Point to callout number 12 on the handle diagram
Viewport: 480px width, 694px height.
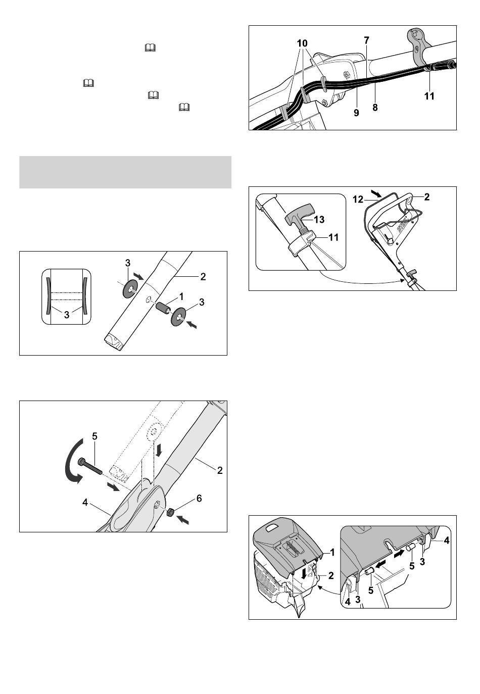coord(358,199)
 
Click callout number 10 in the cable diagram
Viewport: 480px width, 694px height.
coord(302,43)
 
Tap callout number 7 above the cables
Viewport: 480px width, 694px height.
coord(366,40)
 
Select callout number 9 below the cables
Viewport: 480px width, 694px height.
coord(356,113)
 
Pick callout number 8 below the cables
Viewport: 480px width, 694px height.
coord(375,108)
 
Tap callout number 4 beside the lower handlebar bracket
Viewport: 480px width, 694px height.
coord(85,503)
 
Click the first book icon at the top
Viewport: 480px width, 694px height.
coord(150,47)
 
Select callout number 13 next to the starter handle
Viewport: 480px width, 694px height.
coord(319,219)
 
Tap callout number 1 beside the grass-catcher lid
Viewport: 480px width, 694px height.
coord(332,552)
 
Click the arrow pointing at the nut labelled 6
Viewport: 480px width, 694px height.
coord(183,520)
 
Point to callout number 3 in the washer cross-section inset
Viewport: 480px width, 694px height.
coord(67,315)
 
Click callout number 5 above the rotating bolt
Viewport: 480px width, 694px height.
coord(94,436)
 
